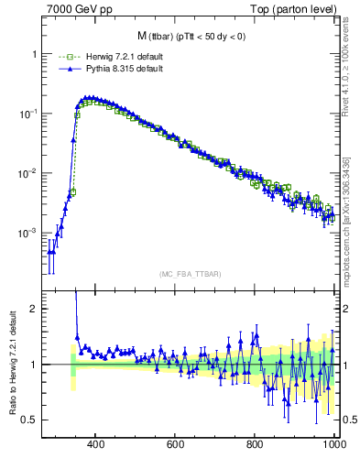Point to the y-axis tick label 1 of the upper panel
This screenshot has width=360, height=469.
[34, 54]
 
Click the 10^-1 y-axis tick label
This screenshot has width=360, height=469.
[29, 114]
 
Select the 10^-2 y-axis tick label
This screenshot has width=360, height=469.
[29, 173]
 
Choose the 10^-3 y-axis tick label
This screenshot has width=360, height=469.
[29, 233]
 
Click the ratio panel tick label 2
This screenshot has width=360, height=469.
[34, 309]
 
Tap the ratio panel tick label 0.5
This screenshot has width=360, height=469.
[30, 420]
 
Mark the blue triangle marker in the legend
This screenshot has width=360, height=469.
[64, 69]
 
